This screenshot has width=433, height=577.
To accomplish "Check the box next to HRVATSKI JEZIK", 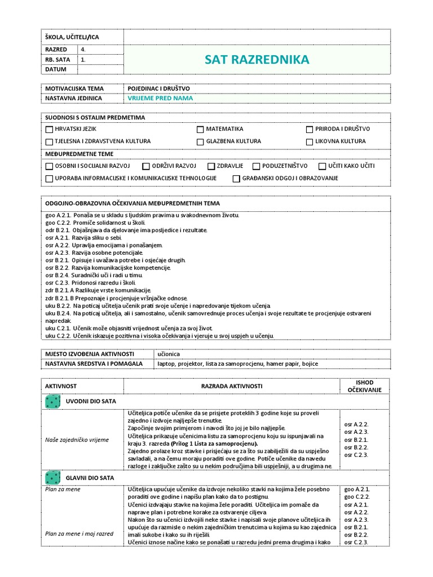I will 49,130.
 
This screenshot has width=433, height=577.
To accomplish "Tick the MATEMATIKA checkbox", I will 200,130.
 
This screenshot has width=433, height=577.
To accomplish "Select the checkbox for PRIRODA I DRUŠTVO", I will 309,130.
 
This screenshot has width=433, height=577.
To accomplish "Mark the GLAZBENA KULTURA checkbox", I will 200,142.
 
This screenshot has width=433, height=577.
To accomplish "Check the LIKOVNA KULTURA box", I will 309,142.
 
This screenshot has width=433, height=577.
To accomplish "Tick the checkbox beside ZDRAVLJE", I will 211,166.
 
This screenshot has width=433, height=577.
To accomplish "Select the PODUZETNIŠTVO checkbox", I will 256,166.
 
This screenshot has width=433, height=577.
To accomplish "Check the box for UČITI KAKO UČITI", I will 322,166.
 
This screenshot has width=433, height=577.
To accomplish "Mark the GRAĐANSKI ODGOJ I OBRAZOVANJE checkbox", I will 236,179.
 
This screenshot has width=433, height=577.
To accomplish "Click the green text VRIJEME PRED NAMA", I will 160,98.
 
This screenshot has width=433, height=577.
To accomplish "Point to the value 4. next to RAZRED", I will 83,49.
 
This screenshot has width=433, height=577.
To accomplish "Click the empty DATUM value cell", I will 99,69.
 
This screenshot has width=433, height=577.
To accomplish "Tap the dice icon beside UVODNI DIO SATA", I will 52,401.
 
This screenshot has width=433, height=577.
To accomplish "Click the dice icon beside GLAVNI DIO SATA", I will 52,478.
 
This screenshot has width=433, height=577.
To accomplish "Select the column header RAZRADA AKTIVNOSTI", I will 232,386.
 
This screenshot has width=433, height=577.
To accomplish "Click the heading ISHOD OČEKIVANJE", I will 364,386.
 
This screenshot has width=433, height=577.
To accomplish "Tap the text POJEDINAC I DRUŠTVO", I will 159,88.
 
